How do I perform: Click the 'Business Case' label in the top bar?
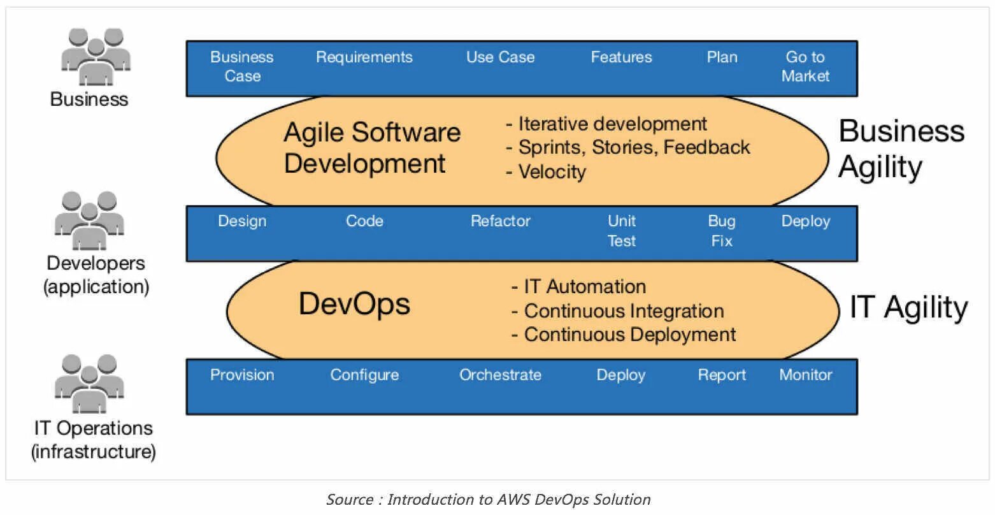(242, 66)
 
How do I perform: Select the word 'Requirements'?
(364, 57)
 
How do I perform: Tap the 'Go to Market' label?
(805, 66)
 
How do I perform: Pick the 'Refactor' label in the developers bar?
(501, 221)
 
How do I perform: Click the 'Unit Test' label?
(622, 231)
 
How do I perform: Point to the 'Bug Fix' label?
(722, 231)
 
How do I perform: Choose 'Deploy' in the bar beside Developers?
(806, 221)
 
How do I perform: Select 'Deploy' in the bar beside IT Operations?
(621, 375)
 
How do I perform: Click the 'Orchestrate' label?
(501, 375)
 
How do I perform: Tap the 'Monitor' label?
(806, 375)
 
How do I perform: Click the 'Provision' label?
(242, 375)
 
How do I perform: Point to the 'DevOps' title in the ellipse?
(354, 304)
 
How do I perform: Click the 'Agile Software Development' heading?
(371, 148)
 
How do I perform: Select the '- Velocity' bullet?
(546, 172)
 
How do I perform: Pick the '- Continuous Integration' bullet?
(618, 311)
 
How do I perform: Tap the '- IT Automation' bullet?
(579, 287)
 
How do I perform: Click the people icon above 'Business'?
(96, 57)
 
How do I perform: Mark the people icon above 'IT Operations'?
(89, 384)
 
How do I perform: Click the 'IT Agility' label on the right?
(909, 308)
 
